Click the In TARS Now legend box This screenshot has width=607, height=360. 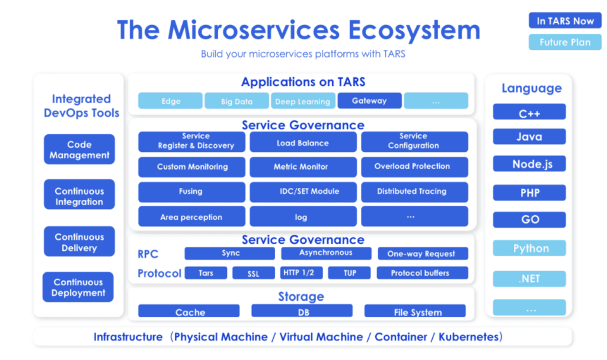click(565, 21)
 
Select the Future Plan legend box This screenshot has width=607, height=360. click(565, 42)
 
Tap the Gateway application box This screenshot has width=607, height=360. click(369, 101)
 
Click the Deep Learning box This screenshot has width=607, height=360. click(303, 101)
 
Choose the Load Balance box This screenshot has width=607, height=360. click(303, 142)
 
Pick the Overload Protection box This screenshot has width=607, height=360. click(414, 167)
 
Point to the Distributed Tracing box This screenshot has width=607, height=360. click(414, 192)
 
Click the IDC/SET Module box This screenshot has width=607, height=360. click(303, 192)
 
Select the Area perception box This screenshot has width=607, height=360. click(191, 217)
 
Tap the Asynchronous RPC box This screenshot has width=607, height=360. click(325, 253)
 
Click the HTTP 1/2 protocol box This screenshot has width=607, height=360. click(301, 273)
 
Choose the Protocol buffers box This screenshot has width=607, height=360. click(420, 273)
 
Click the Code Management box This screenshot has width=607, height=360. click(79, 149)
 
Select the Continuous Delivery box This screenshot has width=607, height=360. click(79, 242)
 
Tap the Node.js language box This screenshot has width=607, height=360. click(529, 164)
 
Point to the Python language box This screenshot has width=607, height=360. click(529, 249)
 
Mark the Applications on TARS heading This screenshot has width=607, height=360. click(303, 82)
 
